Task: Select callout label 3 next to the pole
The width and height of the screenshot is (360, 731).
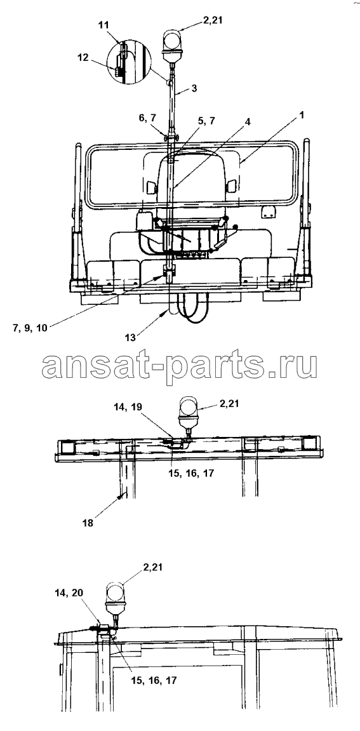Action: tap(194, 88)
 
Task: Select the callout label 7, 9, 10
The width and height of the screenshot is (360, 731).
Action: tap(29, 327)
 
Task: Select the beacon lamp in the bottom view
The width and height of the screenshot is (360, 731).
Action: tap(115, 599)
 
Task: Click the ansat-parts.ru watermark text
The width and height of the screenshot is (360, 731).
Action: tap(180, 366)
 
